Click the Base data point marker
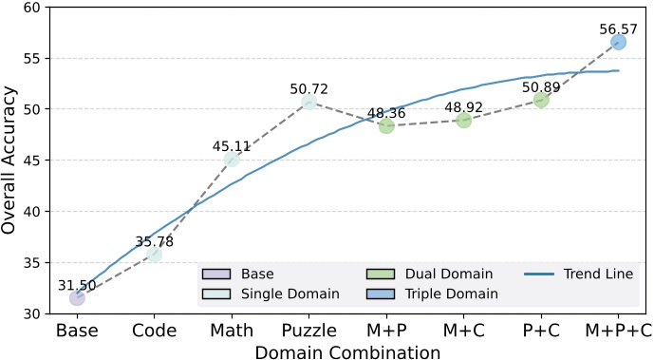click(77, 297)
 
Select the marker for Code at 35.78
click(154, 254)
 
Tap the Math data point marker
click(232, 159)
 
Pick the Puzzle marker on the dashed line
click(308, 102)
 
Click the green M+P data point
click(386, 125)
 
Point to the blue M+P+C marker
click(618, 42)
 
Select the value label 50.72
click(308, 89)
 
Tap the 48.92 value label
click(463, 107)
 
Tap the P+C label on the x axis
click(541, 331)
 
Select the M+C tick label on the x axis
click(463, 331)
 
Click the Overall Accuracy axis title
click(11, 160)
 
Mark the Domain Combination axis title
click(347, 351)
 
